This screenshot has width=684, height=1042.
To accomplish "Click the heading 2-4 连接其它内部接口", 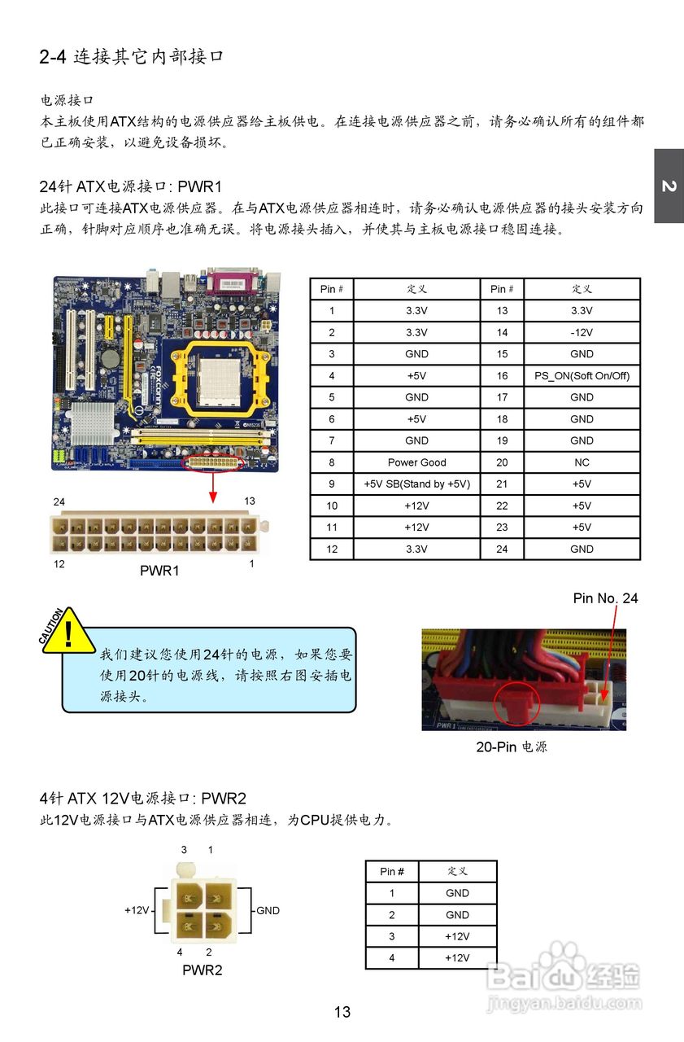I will (x=131, y=57).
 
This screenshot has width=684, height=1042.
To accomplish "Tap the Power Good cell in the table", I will (x=416, y=462).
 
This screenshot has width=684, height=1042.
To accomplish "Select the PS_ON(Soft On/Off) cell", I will (x=582, y=376).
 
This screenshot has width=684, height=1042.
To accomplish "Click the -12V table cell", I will (x=582, y=332).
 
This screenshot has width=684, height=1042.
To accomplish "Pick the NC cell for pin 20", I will (x=582, y=462).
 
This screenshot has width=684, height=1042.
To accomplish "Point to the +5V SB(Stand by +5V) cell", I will (x=416, y=484).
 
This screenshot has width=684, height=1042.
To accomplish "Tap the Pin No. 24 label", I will (x=605, y=598).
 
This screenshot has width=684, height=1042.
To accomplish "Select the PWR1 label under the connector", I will (x=159, y=571).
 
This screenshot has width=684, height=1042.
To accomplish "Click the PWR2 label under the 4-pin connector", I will (x=202, y=970).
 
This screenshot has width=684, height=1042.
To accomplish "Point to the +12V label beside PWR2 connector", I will (x=137, y=910).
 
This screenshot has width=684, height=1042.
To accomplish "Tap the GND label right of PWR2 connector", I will (x=268, y=910).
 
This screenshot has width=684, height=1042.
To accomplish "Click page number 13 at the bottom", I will (x=342, y=1012).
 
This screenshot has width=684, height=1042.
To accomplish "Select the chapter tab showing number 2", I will (x=668, y=186).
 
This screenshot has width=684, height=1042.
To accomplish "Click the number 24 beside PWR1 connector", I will (x=59, y=501).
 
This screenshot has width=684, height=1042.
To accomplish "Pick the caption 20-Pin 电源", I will (x=511, y=746).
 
